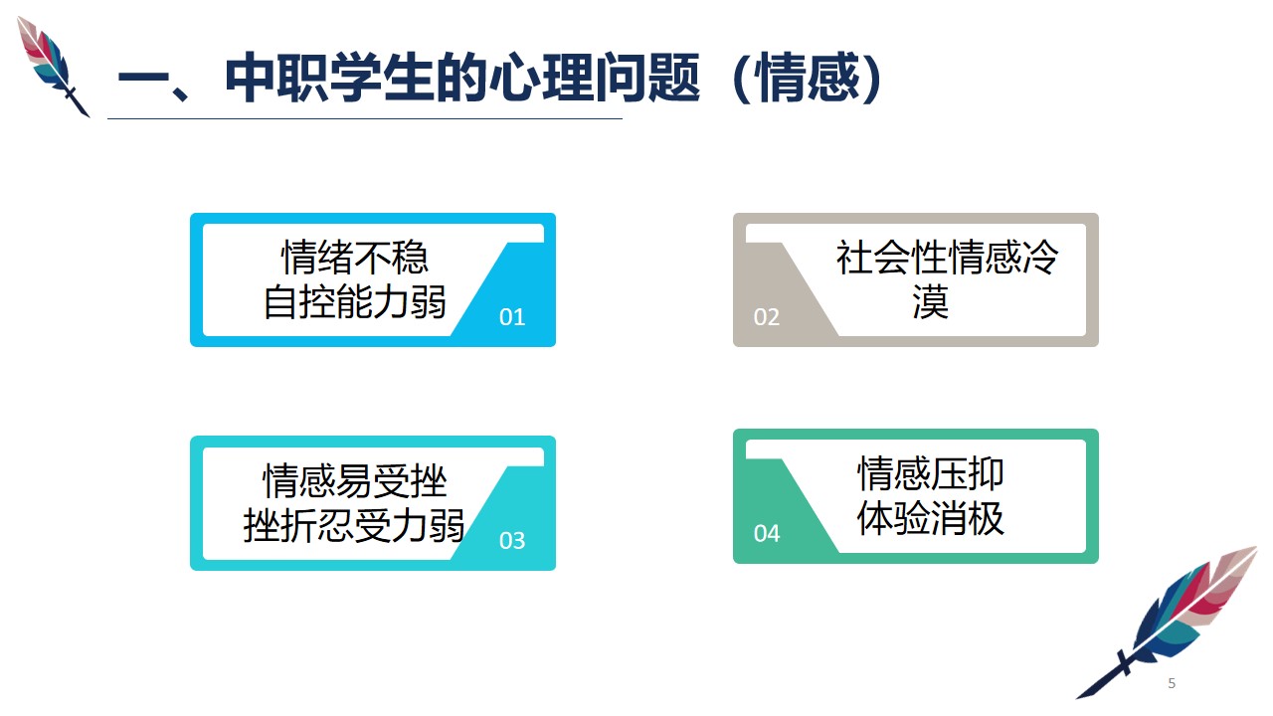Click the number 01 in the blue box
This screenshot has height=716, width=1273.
pyautogui.click(x=512, y=317)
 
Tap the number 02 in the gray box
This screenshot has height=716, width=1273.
pyautogui.click(x=767, y=317)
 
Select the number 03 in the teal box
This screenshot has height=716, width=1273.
pyautogui.click(x=512, y=540)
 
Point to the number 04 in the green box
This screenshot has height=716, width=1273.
pyautogui.click(x=767, y=534)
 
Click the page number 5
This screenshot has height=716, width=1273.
pyautogui.click(x=1172, y=683)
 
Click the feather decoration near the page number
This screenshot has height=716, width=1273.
pyautogui.click(x=1168, y=623)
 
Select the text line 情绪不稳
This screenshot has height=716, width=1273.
pyautogui.click(x=355, y=257)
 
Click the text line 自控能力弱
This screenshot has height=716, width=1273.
pyautogui.click(x=355, y=301)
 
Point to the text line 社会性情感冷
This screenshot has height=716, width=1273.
pyautogui.click(x=947, y=257)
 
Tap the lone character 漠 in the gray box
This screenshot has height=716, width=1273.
pyautogui.click(x=930, y=301)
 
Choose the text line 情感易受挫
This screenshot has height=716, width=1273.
pyautogui.click(x=355, y=480)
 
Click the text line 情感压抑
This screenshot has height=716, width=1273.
pyautogui.click(x=930, y=473)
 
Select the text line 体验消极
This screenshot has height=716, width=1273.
pyautogui.click(x=930, y=518)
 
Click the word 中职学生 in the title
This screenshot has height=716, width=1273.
pyautogui.click(x=329, y=78)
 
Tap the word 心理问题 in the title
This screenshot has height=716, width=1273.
pyautogui.click(x=595, y=78)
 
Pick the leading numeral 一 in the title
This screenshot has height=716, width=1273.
pyautogui.click(x=143, y=78)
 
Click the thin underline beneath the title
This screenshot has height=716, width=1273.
pyautogui.click(x=365, y=118)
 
